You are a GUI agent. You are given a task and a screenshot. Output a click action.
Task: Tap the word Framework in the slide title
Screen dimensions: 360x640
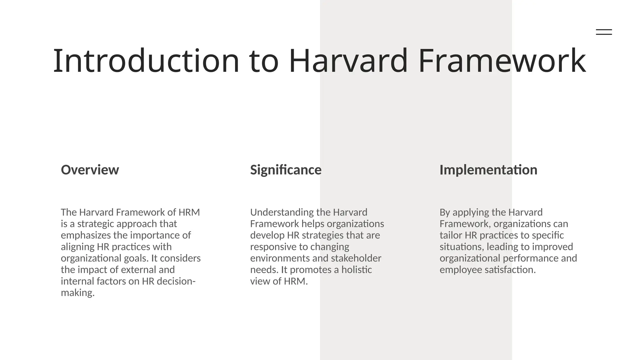coord(502,61)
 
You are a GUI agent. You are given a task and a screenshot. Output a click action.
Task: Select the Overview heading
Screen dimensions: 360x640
coord(90,170)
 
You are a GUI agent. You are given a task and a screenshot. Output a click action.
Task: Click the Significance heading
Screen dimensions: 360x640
coord(286,170)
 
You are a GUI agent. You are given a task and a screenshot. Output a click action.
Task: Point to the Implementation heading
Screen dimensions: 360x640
coord(488,170)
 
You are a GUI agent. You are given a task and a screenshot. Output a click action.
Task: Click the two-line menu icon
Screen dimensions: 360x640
coord(604,32)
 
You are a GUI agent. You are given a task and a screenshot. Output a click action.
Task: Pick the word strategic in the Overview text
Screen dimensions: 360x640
coord(96,224)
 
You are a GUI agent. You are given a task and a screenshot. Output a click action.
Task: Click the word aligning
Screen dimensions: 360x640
coord(77,247)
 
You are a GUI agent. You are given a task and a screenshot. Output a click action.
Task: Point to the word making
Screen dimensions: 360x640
coord(77,293)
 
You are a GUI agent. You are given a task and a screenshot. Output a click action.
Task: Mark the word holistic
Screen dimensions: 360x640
coord(357,270)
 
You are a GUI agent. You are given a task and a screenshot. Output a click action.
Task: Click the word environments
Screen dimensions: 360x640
coord(280,258)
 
